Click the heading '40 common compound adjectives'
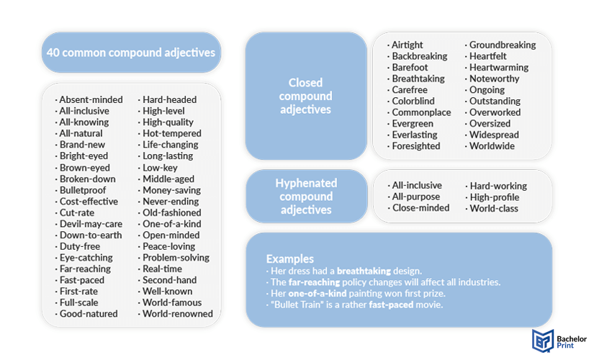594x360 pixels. [x=131, y=53]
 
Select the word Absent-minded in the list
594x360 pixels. [x=91, y=99]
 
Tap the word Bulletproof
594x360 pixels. [x=83, y=190]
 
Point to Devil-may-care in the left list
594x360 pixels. [x=91, y=224]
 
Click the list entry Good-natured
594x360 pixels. [x=89, y=314]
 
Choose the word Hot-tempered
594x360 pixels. [x=172, y=133]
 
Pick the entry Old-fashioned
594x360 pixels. [x=172, y=212]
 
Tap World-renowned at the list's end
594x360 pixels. [x=178, y=314]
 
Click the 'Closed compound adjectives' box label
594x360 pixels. [x=306, y=96]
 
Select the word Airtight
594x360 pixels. [x=408, y=45]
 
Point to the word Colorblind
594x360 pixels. [x=413, y=102]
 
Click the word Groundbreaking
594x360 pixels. [x=503, y=45]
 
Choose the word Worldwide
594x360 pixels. [x=492, y=146]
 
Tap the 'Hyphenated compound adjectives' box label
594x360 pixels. [x=306, y=197]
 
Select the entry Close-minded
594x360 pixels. [x=421, y=207]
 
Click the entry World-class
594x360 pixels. [x=494, y=208]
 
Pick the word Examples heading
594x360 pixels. [x=290, y=258]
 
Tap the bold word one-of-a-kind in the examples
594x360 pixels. [x=318, y=293]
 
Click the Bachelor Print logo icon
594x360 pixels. [x=543, y=340]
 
